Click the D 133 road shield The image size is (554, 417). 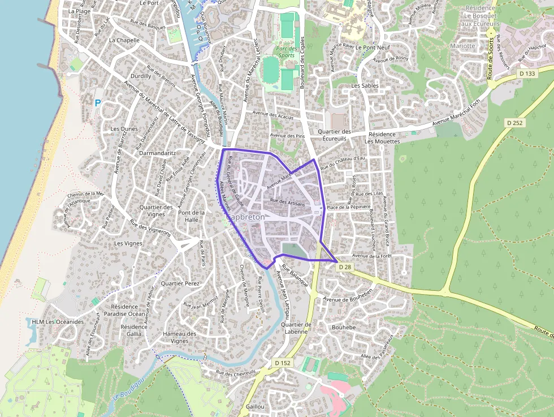tap(527, 74)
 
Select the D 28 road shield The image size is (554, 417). tap(345, 266)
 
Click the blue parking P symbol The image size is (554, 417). tap(97, 104)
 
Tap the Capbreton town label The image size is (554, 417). tap(245, 217)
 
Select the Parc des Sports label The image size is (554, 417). tap(287, 52)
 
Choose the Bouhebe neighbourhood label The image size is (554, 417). tap(344, 328)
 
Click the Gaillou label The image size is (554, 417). tap(255, 407)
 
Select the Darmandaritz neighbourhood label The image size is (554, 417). tap(158, 153)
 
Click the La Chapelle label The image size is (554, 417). tap(124, 40)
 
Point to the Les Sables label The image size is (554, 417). tap(365, 85)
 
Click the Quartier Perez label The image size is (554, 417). tap(180, 283)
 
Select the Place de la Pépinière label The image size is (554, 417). tap(349, 207)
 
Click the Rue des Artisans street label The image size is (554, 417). tap(288, 202)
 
